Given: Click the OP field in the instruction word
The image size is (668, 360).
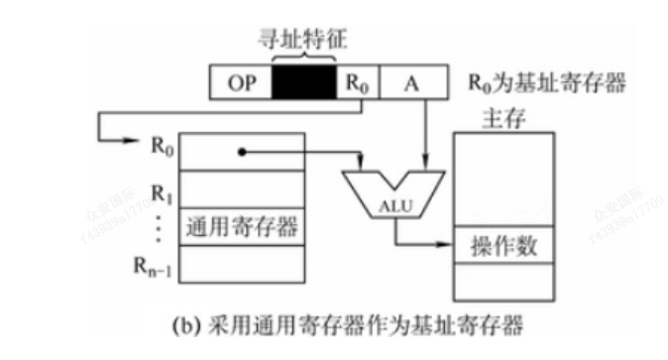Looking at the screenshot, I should pyautogui.click(x=241, y=83).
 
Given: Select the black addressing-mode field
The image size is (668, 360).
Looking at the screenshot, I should pyautogui.click(x=305, y=83).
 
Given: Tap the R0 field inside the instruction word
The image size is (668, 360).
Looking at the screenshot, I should pyautogui.click(x=357, y=83).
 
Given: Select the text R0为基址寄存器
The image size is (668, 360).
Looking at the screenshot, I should pyautogui.click(x=547, y=82).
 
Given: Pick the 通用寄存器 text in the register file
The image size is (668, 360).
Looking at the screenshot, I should pyautogui.click(x=242, y=227).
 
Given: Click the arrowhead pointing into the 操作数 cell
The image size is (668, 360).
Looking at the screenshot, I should pyautogui.click(x=447, y=245).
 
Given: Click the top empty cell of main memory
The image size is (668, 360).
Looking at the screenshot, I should pyautogui.click(x=502, y=179).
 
